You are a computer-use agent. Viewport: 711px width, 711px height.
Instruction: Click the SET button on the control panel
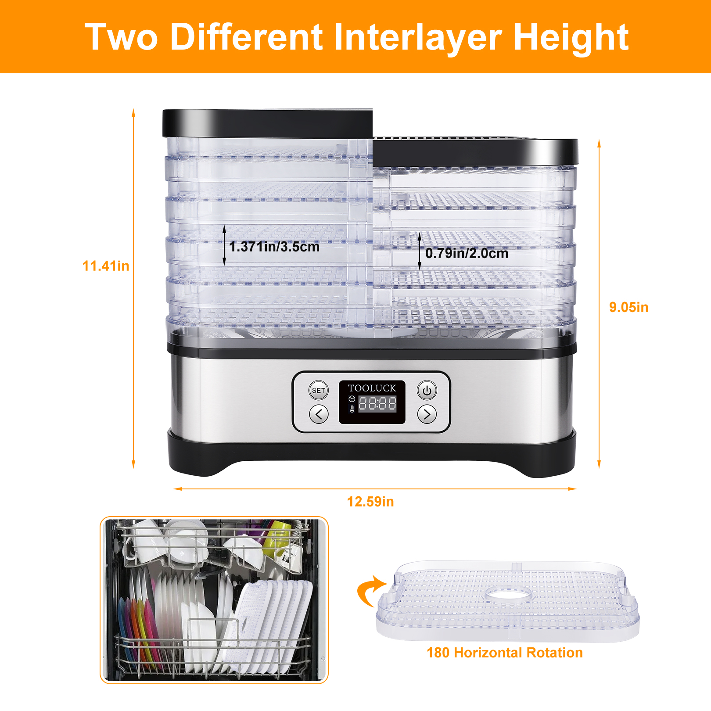point(318,390)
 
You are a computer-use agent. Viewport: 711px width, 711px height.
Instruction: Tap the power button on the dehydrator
point(427,390)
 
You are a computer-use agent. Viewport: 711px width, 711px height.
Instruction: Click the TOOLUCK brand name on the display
point(372,388)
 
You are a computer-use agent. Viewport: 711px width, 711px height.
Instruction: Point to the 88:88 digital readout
point(377,404)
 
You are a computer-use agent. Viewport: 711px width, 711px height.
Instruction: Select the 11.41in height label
point(106,266)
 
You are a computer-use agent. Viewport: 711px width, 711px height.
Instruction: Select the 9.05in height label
point(628,307)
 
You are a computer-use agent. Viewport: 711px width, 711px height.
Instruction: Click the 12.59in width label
point(370,502)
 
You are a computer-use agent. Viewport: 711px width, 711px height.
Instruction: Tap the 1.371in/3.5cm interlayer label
point(274,247)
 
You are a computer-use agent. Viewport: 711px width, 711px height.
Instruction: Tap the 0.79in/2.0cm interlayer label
point(467,253)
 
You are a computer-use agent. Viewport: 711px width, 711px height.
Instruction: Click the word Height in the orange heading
point(571,37)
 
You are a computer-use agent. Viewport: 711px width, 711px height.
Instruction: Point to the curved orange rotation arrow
point(369,590)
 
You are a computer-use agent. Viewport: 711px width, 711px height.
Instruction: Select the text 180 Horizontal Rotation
point(505,653)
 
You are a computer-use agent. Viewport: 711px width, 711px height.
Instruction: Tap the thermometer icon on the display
point(352,409)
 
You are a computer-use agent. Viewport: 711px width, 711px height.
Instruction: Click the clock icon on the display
point(352,399)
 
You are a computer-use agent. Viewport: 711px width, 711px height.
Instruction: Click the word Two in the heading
point(121,37)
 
